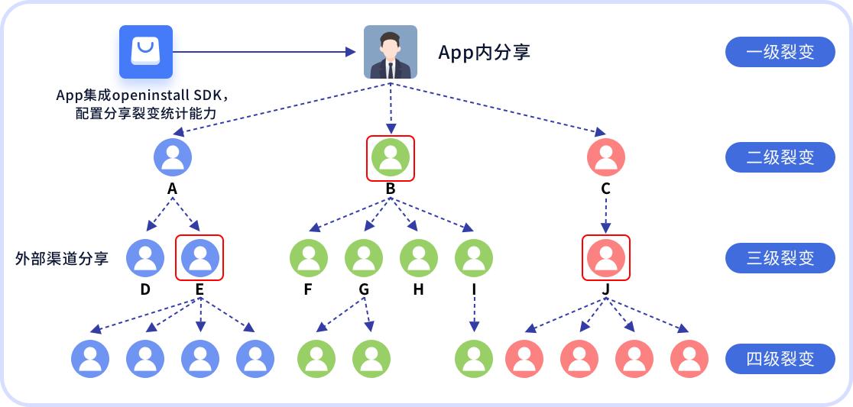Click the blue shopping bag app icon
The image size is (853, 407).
(146, 51)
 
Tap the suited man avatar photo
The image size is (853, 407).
(390, 52)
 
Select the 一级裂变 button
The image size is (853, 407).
(780, 53)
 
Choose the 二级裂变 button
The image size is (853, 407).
(780, 157)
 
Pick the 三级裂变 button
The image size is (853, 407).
(780, 258)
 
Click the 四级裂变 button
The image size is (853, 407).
(780, 358)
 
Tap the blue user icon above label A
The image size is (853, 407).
(173, 158)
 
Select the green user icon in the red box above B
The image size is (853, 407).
(391, 158)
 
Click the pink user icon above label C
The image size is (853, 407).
(606, 158)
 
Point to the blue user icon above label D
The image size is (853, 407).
(145, 257)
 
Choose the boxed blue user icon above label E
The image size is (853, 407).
(199, 257)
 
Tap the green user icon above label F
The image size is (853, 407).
(309, 257)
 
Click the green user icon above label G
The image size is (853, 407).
(364, 257)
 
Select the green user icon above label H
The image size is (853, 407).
(419, 257)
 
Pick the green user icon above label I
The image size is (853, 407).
(474, 257)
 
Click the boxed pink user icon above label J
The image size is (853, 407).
(606, 257)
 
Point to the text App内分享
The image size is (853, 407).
(484, 53)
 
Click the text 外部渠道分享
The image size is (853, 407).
(62, 258)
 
